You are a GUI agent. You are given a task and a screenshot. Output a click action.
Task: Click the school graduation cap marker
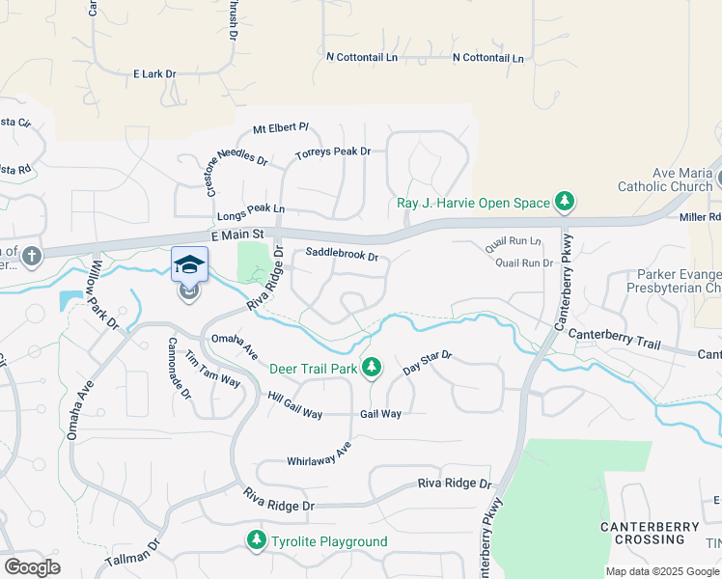point(189,264)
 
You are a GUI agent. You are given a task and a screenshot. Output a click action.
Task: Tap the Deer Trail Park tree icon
point(372,368)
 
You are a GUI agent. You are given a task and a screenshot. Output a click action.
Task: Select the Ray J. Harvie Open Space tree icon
point(565,203)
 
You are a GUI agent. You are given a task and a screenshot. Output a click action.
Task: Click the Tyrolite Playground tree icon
point(257,541)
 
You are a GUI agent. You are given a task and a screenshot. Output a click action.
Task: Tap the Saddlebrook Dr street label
point(342,257)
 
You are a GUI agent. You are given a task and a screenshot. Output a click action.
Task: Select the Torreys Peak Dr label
point(333,152)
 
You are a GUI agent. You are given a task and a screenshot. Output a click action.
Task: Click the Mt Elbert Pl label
point(280,127)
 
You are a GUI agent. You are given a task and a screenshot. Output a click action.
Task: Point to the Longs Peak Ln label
point(252,208)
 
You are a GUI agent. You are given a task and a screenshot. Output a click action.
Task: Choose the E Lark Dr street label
point(155,73)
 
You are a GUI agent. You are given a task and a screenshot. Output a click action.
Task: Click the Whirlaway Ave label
point(319,461)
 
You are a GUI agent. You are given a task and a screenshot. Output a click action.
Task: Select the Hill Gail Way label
point(295,406)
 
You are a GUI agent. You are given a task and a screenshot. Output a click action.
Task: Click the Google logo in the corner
point(32,567)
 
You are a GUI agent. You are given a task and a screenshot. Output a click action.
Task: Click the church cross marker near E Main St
point(32,256)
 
